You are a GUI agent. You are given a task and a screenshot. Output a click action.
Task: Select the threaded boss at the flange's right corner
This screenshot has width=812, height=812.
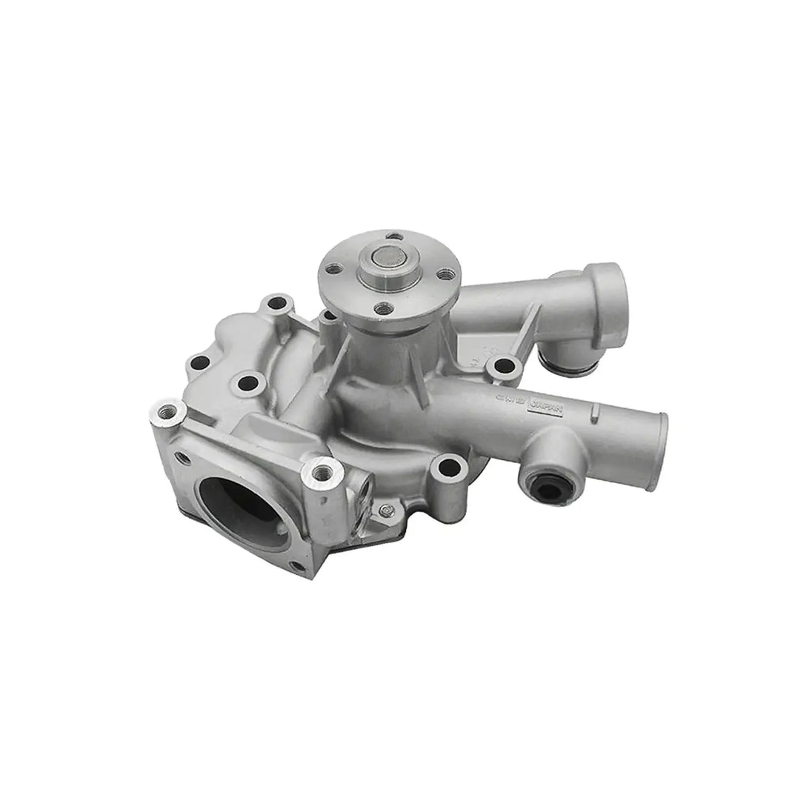point(323,469)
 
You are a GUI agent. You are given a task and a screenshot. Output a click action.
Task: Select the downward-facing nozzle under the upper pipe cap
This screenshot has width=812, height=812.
point(562,359)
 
